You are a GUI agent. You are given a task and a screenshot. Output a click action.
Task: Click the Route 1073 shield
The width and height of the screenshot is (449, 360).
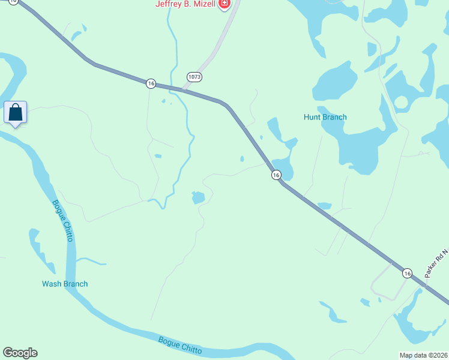(194, 77)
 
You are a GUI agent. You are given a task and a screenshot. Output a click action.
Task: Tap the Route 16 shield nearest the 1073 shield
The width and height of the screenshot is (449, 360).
(151, 83)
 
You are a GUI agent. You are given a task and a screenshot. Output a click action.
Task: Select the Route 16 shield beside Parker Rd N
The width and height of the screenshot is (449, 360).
(407, 273)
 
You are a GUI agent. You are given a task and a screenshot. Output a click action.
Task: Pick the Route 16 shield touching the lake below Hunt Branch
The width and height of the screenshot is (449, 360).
(276, 175)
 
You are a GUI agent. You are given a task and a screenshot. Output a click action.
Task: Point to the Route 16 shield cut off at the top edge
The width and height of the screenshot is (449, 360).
(14, 2)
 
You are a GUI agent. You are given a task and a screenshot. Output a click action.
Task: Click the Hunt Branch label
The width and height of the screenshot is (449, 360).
(325, 117)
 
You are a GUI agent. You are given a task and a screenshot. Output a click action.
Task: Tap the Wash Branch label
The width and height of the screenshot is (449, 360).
(65, 284)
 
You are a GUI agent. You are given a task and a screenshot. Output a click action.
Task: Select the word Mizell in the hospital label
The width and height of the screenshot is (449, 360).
(204, 4)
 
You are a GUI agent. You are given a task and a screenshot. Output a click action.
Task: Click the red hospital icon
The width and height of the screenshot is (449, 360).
(224, 4)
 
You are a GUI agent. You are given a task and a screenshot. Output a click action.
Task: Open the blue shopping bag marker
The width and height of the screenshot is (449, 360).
(15, 112)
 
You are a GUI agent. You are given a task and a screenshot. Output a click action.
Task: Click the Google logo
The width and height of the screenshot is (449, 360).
(20, 353)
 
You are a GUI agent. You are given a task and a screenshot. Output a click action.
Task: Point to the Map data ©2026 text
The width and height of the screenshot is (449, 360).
(423, 355)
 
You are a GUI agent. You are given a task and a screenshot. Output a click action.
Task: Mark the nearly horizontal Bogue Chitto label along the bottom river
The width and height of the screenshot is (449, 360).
(180, 345)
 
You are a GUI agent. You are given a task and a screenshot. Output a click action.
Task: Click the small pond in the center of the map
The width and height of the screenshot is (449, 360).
(198, 197)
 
